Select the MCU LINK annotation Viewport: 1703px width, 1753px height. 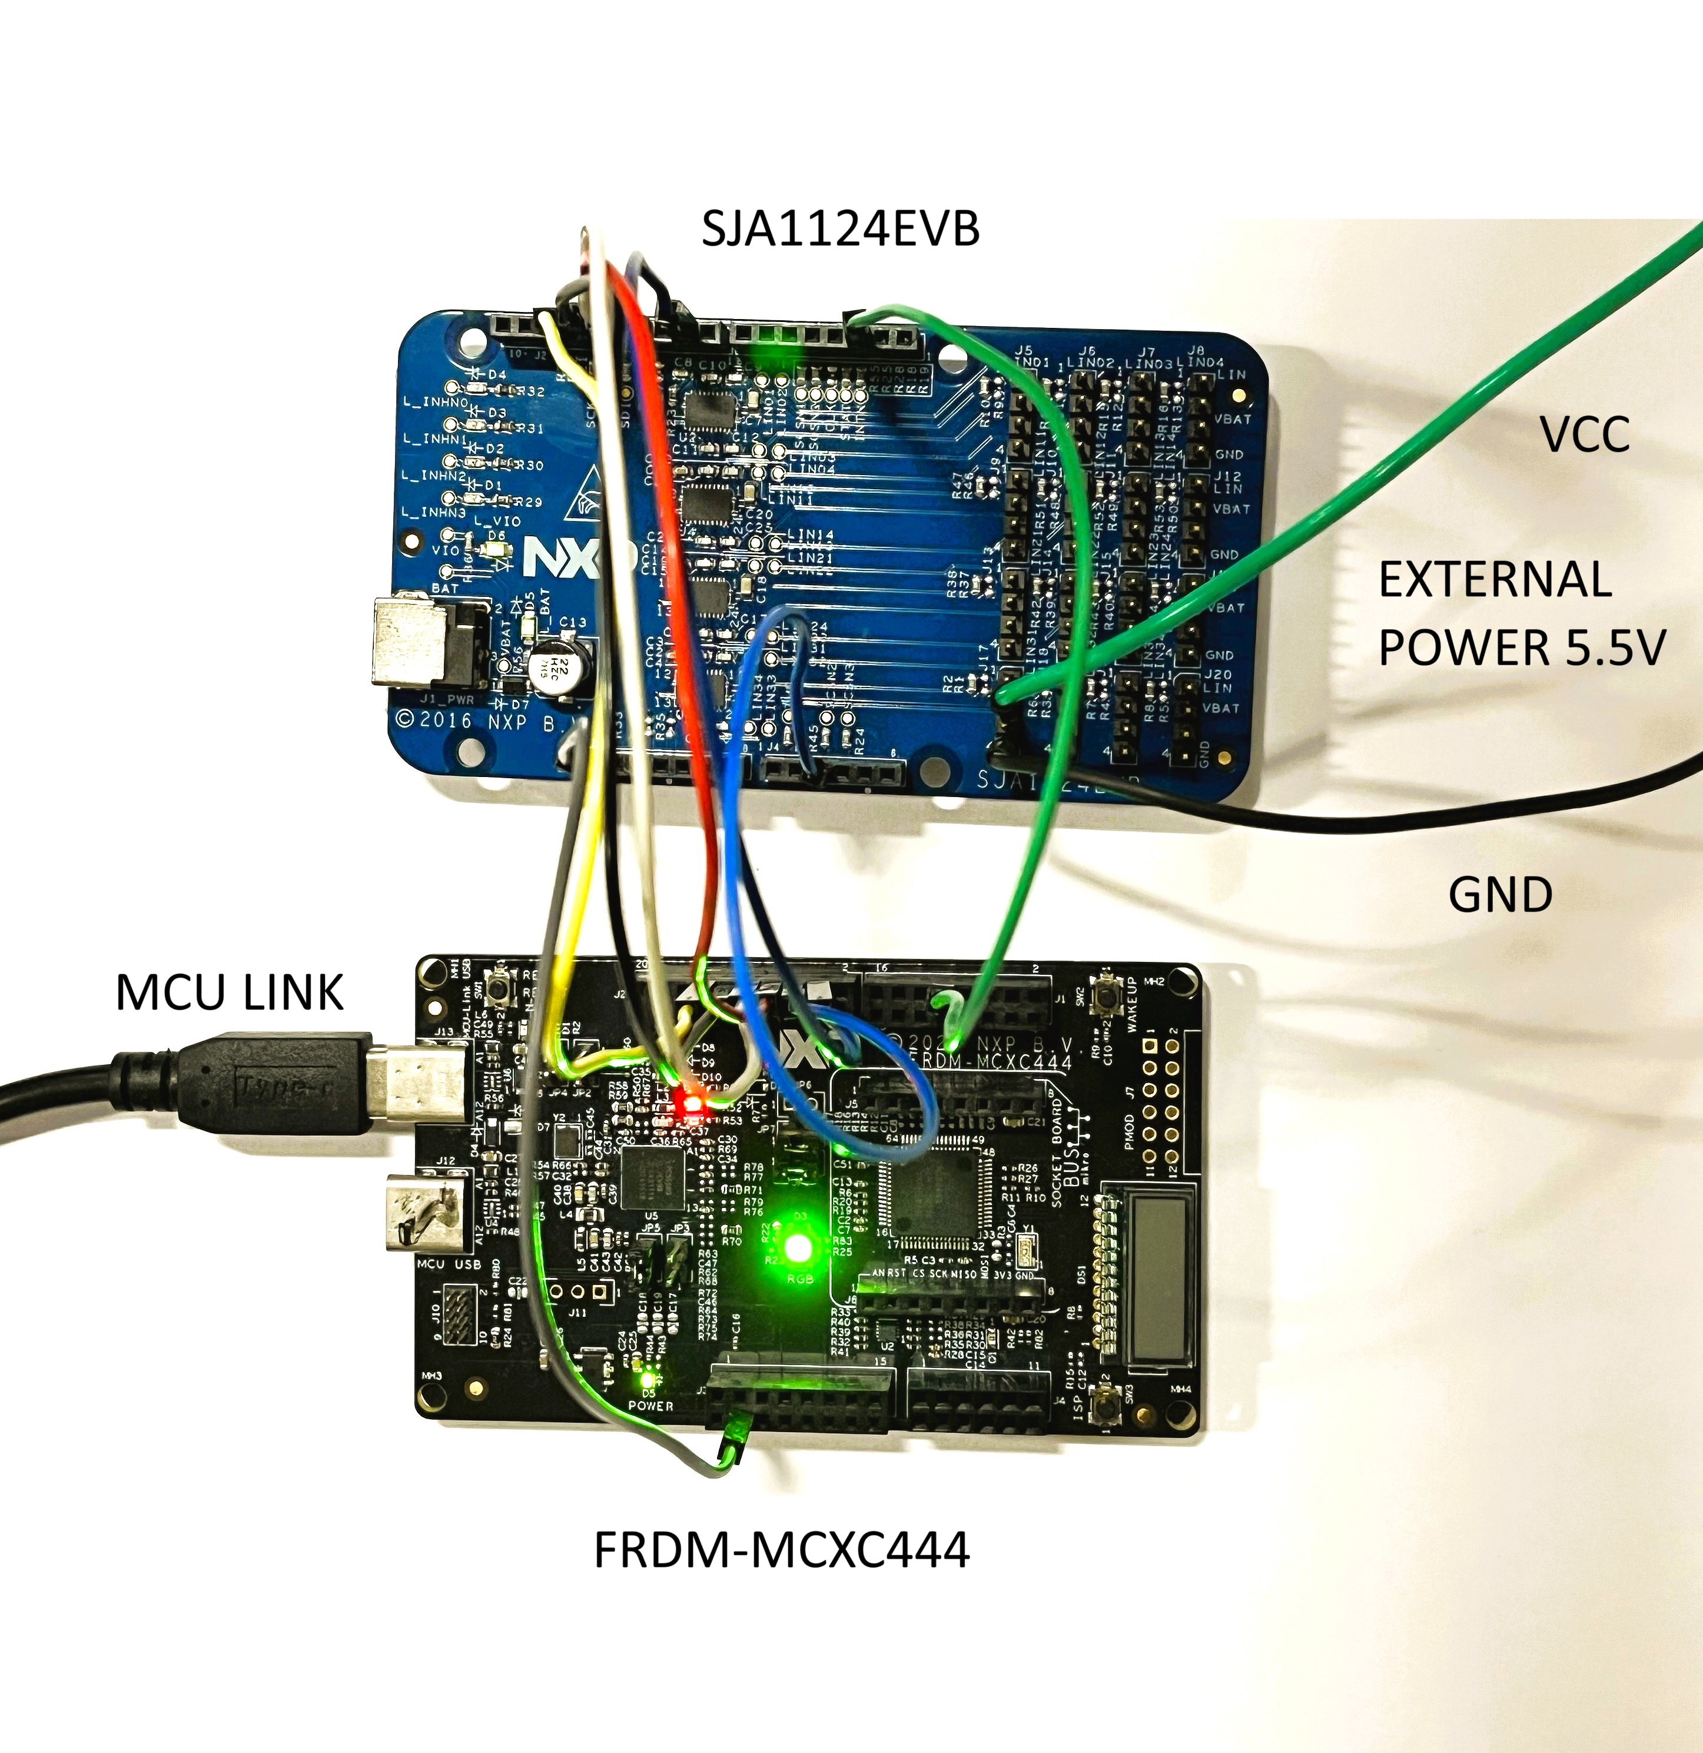click(229, 993)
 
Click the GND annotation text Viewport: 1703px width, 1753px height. click(1500, 894)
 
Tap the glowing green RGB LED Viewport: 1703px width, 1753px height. click(797, 1249)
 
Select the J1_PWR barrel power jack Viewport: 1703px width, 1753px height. click(429, 642)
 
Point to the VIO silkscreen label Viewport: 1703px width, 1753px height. click(444, 550)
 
